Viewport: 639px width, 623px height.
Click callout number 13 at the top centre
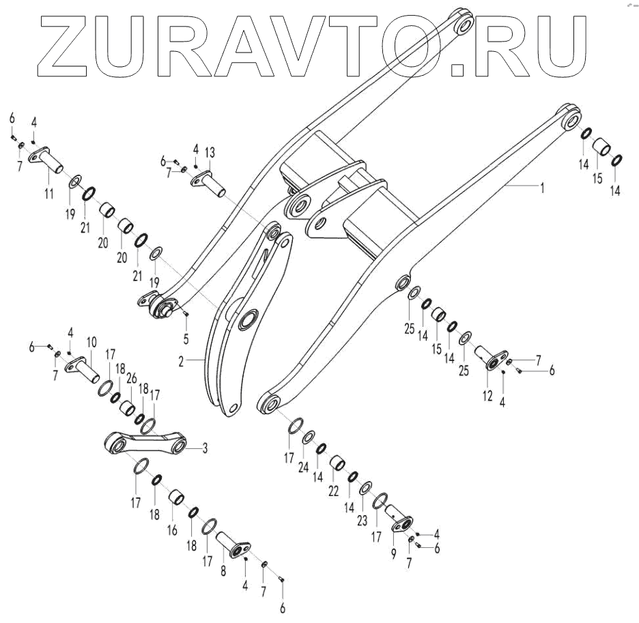[x=210, y=151]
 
